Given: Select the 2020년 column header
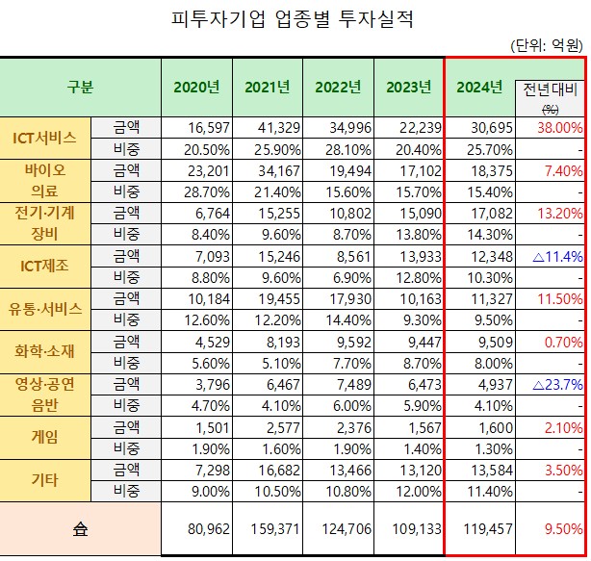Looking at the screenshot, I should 196,88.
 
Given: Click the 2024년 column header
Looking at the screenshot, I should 478,88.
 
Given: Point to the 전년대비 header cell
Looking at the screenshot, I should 551,94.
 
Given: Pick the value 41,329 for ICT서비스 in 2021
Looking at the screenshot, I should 267,128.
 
